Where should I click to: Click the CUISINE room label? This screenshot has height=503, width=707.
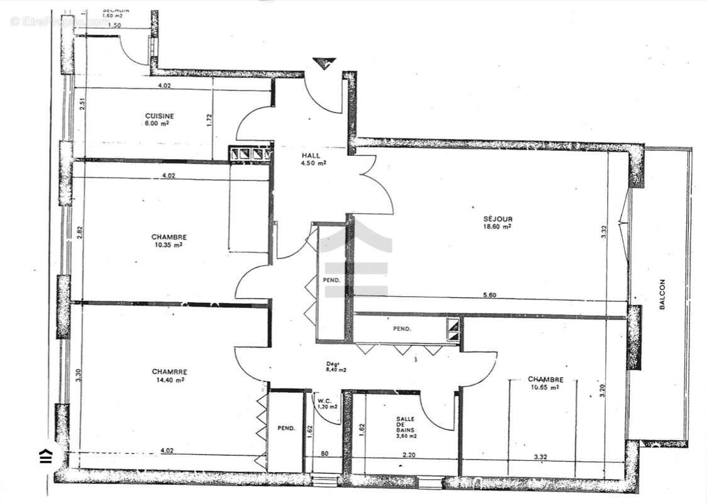click(x=160, y=116)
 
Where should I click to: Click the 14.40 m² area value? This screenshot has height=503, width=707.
click(x=170, y=380)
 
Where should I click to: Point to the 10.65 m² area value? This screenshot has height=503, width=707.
click(x=545, y=387)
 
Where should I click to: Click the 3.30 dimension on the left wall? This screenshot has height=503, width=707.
click(x=78, y=375)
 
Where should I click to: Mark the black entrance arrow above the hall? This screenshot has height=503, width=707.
click(x=324, y=63)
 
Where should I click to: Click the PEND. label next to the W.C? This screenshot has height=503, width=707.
click(x=286, y=429)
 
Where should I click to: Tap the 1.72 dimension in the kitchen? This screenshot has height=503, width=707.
click(x=209, y=119)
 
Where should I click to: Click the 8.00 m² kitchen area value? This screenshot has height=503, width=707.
click(x=160, y=124)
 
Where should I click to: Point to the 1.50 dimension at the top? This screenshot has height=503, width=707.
click(x=114, y=26)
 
